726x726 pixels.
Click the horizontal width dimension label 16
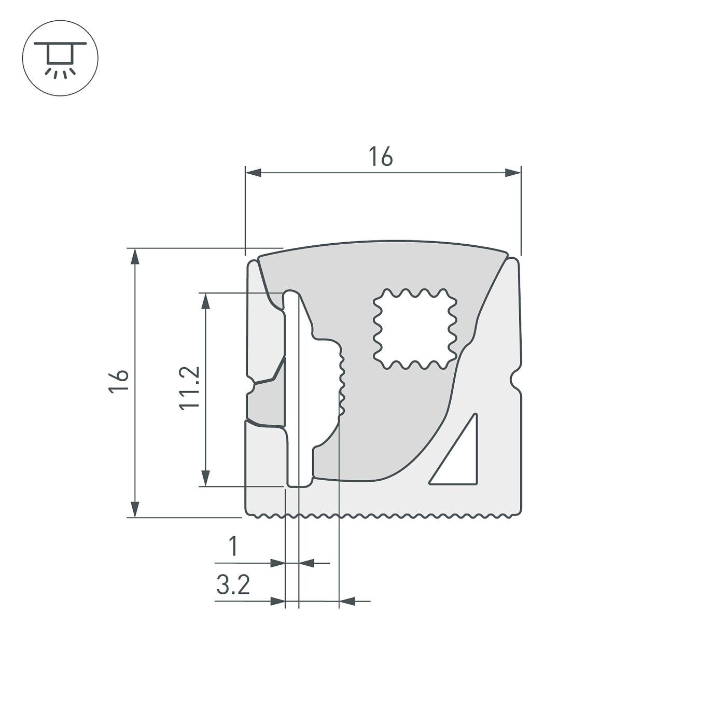381,157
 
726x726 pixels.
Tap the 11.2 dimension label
189,388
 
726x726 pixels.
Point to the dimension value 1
233,547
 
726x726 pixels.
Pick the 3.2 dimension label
233,585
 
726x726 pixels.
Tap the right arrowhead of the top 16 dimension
513,173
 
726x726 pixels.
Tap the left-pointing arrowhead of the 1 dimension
307,563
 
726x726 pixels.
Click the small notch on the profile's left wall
249,386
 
